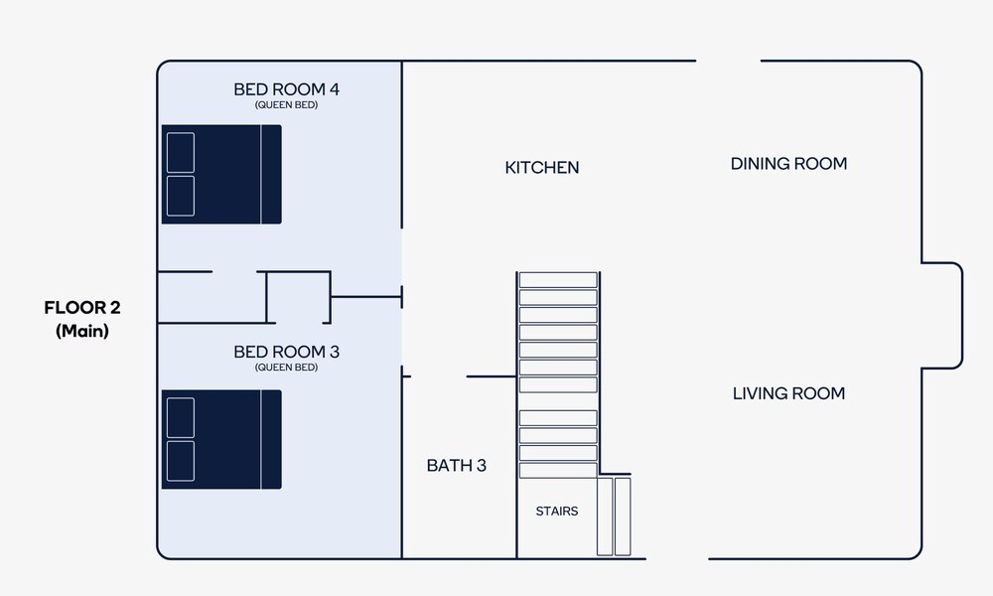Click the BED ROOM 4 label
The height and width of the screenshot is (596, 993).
[286, 89]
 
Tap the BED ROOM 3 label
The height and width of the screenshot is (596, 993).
[286, 352]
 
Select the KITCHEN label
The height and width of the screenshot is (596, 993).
[542, 167]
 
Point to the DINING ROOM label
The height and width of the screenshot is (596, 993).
[788, 164]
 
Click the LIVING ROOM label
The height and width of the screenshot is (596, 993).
[788, 393]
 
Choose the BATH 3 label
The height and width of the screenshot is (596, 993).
[456, 466]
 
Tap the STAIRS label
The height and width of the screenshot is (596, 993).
[557, 512]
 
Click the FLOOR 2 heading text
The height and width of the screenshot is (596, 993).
[82, 308]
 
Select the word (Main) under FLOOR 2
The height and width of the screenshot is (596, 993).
[82, 331]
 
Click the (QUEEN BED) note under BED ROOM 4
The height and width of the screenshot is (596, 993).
[286, 105]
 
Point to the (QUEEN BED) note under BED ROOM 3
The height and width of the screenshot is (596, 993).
[286, 368]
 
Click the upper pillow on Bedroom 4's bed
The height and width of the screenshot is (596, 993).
[181, 153]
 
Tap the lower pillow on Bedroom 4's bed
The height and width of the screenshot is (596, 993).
[181, 196]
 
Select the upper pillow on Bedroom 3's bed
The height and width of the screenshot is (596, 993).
[181, 417]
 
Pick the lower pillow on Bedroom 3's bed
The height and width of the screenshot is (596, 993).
[181, 461]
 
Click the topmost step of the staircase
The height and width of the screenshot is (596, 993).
[558, 280]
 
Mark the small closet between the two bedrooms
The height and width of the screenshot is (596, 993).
[298, 297]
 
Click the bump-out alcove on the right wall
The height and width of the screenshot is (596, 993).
[941, 316]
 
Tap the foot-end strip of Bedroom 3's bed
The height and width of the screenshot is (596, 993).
[271, 440]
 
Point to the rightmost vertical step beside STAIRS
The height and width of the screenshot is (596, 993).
[623, 517]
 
